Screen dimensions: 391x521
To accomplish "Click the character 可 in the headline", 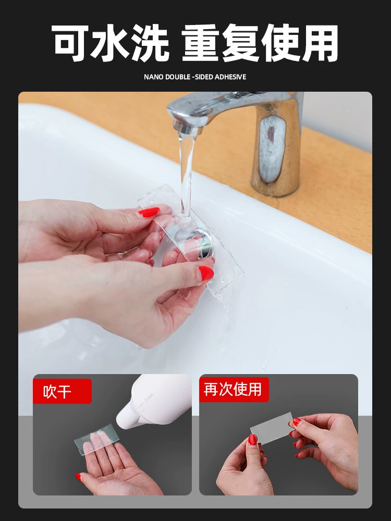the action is click(70, 43).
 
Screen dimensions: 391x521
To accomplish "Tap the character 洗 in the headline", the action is click(151, 43).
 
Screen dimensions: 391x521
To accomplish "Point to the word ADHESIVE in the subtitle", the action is click(230, 77).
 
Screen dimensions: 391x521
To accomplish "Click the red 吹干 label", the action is click(62, 391).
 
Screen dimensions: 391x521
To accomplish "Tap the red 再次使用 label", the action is click(234, 389).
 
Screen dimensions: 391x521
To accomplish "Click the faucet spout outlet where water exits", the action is click(187, 128).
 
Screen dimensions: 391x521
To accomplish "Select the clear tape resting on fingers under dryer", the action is click(96, 436).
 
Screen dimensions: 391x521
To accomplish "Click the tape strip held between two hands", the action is click(271, 428).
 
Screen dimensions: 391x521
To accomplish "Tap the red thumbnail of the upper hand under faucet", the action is click(149, 212).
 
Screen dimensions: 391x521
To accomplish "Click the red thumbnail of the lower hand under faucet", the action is click(206, 274).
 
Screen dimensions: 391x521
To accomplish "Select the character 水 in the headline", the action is click(110, 43).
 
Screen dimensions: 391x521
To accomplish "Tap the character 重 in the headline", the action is click(201, 43).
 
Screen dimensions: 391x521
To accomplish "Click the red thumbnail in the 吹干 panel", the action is click(78, 477).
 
